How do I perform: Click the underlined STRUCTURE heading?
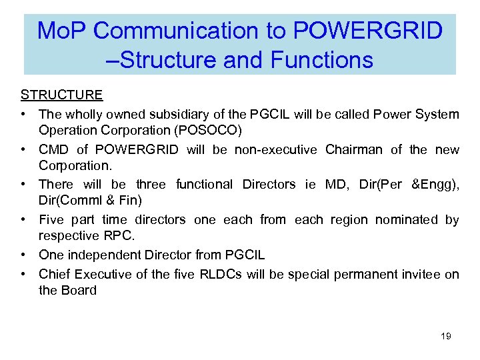point(61,95)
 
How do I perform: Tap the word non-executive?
point(275,150)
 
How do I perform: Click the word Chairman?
point(353,150)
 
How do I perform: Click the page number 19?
point(446,336)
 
